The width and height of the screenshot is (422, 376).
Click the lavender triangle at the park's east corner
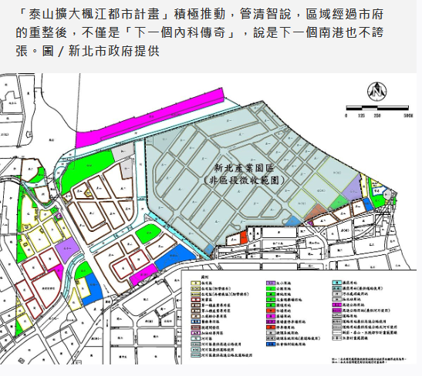[x=352, y=187]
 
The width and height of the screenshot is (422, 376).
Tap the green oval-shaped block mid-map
[x=149, y=233]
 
